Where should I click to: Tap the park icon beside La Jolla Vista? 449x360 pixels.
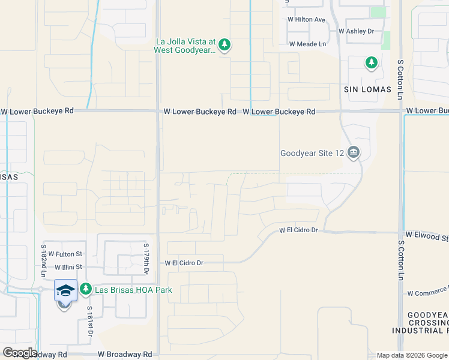pos(224,45)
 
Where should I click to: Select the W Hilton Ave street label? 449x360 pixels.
pos(306,19)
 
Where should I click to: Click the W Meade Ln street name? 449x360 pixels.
pos(307,44)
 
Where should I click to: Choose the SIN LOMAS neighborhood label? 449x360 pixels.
pos(367,89)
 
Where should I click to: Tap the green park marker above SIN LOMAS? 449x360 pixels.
pos(372,62)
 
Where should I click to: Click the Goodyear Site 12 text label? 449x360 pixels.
pos(312,153)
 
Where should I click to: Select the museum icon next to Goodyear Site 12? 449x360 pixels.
pos(354,153)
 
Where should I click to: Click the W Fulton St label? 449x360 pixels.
pos(65,254)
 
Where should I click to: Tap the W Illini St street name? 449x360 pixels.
pos(64,266)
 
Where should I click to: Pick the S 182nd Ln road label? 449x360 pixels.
pos(43,260)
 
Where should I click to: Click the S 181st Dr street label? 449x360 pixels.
pos(90,320)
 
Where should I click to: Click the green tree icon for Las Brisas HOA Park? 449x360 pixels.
pos(86,290)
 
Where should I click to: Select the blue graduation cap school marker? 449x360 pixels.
pos(65,291)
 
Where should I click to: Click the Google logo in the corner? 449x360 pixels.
pos(20,353)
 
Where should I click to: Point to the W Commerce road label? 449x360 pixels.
pos(427,293)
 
